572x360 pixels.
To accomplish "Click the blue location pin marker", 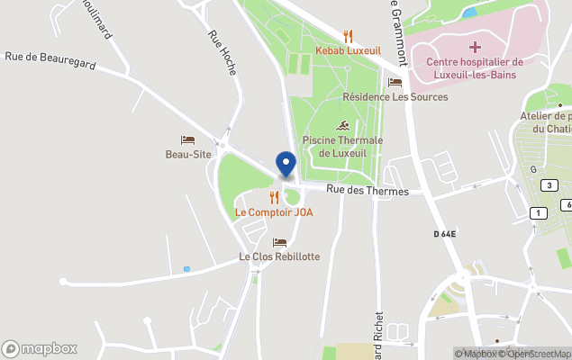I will pos(286,165).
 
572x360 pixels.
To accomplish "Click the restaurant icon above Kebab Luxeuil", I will pos(348,36).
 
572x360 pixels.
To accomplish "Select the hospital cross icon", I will pos(475,46).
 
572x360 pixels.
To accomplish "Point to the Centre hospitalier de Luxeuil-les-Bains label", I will pos(475,67).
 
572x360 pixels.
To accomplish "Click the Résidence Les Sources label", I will pos(395,96).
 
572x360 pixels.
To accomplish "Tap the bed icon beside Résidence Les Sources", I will pos(395,83).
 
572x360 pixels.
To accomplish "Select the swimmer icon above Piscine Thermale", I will pos(343,125).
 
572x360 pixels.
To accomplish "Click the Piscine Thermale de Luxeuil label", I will pos(343,147).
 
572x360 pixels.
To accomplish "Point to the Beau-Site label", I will pos(188,155).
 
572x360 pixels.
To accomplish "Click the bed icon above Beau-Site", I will pos(187,139).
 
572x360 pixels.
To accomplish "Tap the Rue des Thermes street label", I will pos(368,191).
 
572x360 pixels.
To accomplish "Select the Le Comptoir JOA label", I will pos(274,212).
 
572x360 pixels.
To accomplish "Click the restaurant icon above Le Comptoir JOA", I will pos(274,197).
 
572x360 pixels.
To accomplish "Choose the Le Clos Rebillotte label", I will pos(279,256).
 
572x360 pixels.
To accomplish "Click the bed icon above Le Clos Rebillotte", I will pos(279,242).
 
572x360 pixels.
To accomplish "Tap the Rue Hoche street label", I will pos(222,52).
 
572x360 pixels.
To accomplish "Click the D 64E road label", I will pos(445,234).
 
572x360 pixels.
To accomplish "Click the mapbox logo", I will pos(40,348).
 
